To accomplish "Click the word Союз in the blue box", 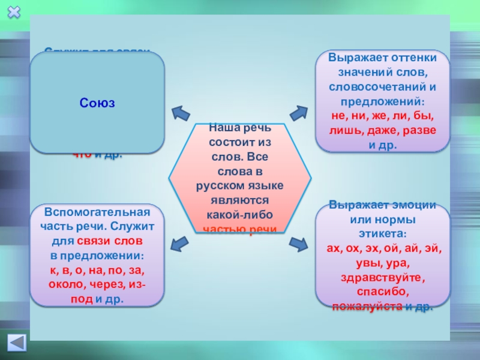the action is [97, 103].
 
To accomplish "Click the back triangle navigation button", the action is [16, 343].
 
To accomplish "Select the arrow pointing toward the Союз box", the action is [179, 113].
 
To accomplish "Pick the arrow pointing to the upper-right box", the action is [298, 112].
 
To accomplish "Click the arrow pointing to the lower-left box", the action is [178, 244].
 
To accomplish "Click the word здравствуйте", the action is [382, 278].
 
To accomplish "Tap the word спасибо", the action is [382, 292].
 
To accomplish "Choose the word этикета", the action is [382, 233].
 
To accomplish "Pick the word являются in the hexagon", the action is [239, 200].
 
